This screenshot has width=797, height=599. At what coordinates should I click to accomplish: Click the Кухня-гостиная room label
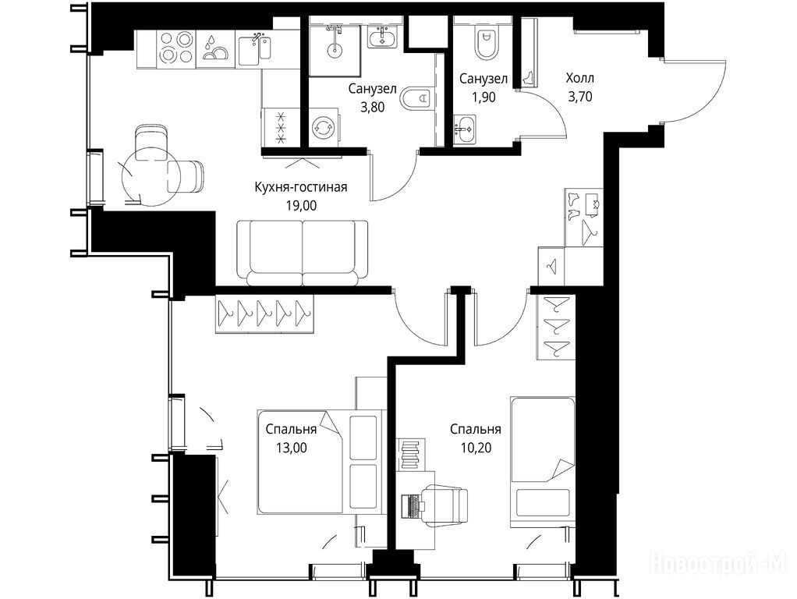point(300,187)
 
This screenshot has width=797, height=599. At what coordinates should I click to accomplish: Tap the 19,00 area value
point(302,205)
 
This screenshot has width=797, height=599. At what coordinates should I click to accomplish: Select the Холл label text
point(579,78)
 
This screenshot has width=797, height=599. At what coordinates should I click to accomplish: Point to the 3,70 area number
point(580,96)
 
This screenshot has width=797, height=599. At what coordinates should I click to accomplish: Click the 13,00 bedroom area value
point(291,448)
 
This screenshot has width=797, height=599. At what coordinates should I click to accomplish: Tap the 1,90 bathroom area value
point(484,97)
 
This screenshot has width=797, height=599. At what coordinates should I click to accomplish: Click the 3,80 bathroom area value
point(372,108)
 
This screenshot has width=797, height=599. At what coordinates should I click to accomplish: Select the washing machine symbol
point(324,127)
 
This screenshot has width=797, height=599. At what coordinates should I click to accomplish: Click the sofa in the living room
point(303,253)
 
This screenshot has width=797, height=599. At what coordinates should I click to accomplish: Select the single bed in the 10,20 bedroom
point(542,463)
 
